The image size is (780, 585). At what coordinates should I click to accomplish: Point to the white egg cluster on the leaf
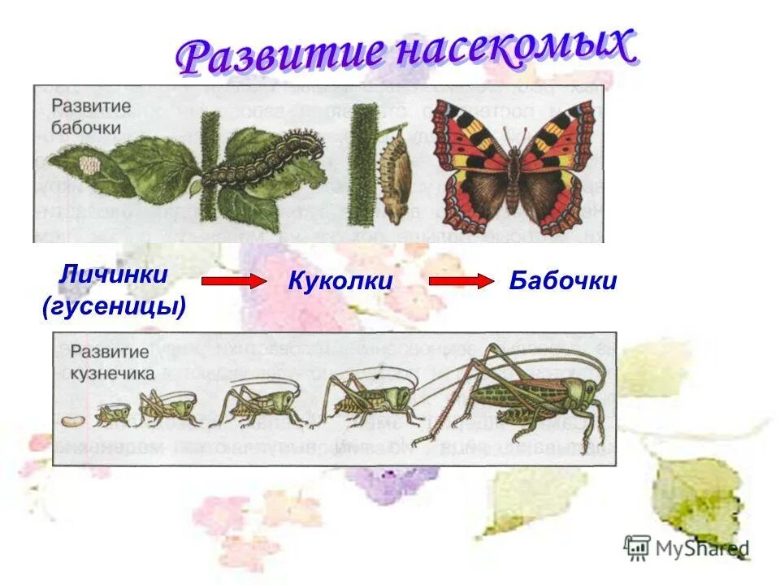pyautogui.click(x=89, y=166)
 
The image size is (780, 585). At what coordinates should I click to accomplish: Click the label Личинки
pyautogui.click(x=113, y=274)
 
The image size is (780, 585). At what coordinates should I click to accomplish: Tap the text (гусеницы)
pyautogui.click(x=114, y=306)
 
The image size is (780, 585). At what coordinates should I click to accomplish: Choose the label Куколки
pyautogui.click(x=340, y=282)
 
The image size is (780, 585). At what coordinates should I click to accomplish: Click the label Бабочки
pyautogui.click(x=563, y=282)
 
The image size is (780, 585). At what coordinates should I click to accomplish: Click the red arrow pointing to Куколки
pyautogui.click(x=233, y=281)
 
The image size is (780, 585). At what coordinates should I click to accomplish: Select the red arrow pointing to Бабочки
pyautogui.click(x=461, y=281)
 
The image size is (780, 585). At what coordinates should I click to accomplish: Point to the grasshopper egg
pyautogui.click(x=72, y=420)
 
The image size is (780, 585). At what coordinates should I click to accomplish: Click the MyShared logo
pyautogui.click(x=687, y=548)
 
